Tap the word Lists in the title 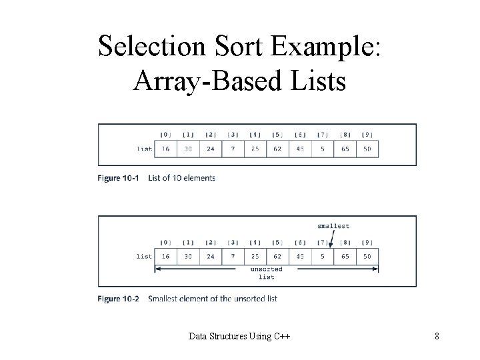pyautogui.click(x=312, y=81)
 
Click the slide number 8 pyautogui.click(x=437, y=336)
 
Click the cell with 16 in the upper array pyautogui.click(x=166, y=148)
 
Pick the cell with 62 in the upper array pyautogui.click(x=278, y=148)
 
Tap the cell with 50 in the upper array pyautogui.click(x=367, y=148)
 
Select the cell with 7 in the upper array pyautogui.click(x=233, y=148)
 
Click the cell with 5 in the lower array pyautogui.click(x=323, y=255)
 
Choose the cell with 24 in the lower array pyautogui.click(x=211, y=255)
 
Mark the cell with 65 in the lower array pyautogui.click(x=345, y=255)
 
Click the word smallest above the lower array pyautogui.click(x=333, y=227)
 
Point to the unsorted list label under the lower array pyautogui.click(x=266, y=273)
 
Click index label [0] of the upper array pyautogui.click(x=166, y=135)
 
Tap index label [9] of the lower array pyautogui.click(x=367, y=242)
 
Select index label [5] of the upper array pyautogui.click(x=278, y=135)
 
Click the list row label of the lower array pyautogui.click(x=143, y=255)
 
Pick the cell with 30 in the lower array pyautogui.click(x=189, y=255)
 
